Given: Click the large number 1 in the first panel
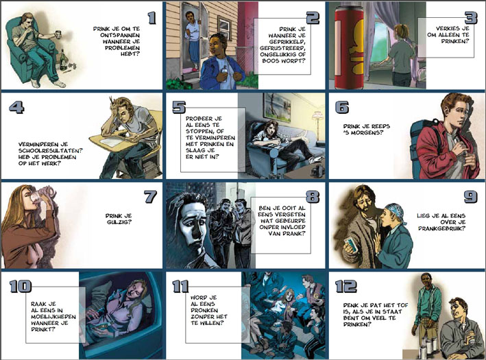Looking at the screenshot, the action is point(151,18).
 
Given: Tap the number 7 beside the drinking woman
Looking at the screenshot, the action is point(151,197).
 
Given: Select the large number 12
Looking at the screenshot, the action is point(346,286).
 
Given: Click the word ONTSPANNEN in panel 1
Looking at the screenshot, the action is point(120,35).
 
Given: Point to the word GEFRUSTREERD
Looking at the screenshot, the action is point(282,48).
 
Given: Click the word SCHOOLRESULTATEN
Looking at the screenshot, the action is point(51,151).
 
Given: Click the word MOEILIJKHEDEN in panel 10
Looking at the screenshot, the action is point(53,317).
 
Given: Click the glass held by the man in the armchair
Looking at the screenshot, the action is point(58,34).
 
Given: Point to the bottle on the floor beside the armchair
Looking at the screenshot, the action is point(63,60).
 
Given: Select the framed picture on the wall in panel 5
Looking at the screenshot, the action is point(277,107).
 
